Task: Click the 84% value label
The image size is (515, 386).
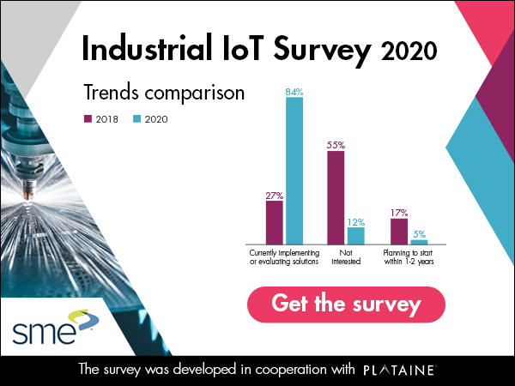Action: tap(294, 93)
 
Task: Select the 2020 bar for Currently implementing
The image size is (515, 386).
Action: tap(294, 171)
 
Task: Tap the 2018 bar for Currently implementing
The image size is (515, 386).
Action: tap(275, 222)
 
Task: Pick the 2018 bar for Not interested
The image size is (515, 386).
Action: tap(336, 197)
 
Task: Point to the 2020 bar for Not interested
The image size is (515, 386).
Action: tap(356, 236)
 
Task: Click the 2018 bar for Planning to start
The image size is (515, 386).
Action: tap(399, 232)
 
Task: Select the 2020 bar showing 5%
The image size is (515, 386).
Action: tap(419, 242)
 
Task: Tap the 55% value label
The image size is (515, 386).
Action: tap(336, 145)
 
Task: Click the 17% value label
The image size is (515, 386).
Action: tap(399, 213)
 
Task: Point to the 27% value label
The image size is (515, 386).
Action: tap(275, 196)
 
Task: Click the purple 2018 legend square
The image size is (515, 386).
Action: tap(88, 118)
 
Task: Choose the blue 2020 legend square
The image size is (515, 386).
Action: tap(136, 118)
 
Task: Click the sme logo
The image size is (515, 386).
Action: tap(55, 327)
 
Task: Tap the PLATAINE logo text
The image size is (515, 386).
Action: tap(400, 370)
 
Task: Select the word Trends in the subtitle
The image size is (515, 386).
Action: tap(112, 93)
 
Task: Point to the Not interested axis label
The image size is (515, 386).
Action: tap(346, 257)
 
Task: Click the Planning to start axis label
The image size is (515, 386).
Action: tap(409, 257)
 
